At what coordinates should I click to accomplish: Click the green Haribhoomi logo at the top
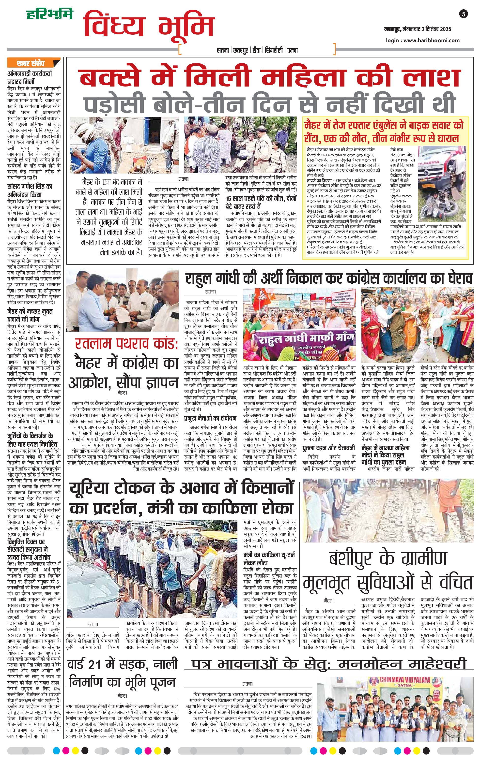(x=49, y=14)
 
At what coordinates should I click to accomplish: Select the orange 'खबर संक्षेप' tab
(x=31, y=63)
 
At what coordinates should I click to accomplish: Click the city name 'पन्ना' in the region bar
(x=292, y=50)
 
